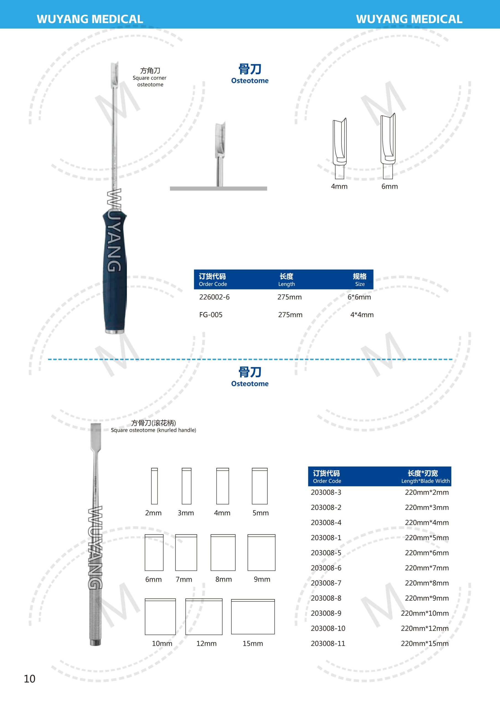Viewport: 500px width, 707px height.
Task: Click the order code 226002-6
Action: tap(214, 297)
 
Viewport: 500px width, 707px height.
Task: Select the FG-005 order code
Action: tap(211, 315)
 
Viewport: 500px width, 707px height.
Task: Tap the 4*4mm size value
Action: tap(362, 315)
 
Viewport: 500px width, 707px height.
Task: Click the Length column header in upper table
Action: tap(286, 279)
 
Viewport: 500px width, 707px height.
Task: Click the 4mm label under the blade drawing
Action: tap(339, 187)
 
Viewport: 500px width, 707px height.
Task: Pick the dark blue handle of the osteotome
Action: tap(114, 271)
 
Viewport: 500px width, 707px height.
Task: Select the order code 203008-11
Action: tap(328, 643)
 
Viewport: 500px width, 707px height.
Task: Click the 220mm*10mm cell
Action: tap(425, 613)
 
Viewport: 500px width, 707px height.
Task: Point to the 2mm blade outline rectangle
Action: tap(154, 486)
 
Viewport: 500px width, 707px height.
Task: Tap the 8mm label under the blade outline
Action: tap(223, 579)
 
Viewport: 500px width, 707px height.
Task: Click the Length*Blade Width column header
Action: tap(425, 477)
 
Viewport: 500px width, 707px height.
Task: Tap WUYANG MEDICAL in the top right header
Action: tap(409, 19)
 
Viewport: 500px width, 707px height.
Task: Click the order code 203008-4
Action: tap(326, 523)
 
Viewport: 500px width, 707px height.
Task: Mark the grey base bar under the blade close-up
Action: tap(218, 188)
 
